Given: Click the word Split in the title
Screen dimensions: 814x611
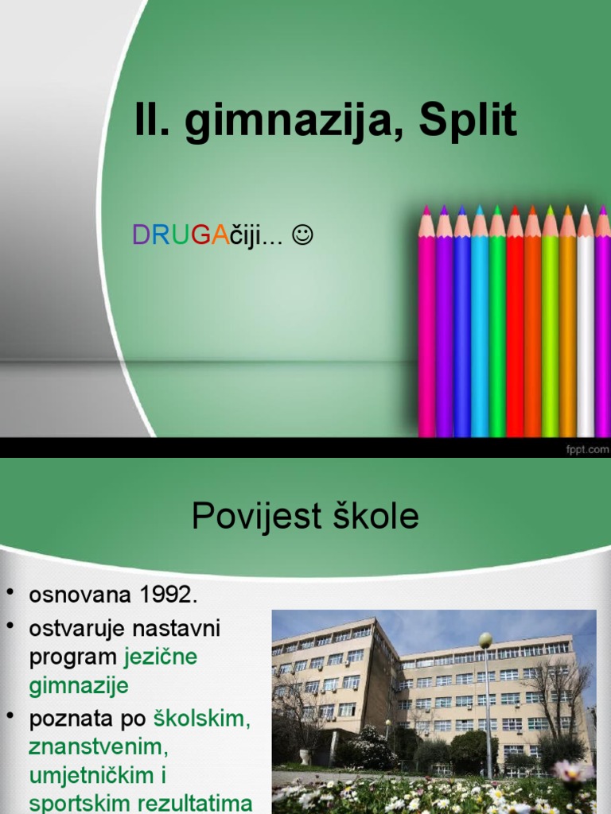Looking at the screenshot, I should (x=468, y=122).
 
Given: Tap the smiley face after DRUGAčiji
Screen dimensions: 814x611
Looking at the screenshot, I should (x=303, y=235).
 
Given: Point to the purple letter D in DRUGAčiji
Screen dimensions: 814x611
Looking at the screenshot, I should (x=141, y=235).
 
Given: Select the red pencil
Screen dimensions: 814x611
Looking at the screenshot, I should (x=515, y=334).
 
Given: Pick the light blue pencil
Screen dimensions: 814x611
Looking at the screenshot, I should (x=480, y=334).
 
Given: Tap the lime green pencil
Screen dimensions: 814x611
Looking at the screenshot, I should (x=550, y=334).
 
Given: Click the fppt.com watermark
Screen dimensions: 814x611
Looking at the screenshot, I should (x=587, y=450).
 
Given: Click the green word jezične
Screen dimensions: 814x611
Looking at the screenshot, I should (x=161, y=657).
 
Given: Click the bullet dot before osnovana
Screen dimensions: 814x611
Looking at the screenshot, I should (x=10, y=593).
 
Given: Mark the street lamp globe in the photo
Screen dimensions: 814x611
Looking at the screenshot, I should (x=485, y=640).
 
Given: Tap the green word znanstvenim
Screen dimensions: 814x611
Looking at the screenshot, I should (x=98, y=747).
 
